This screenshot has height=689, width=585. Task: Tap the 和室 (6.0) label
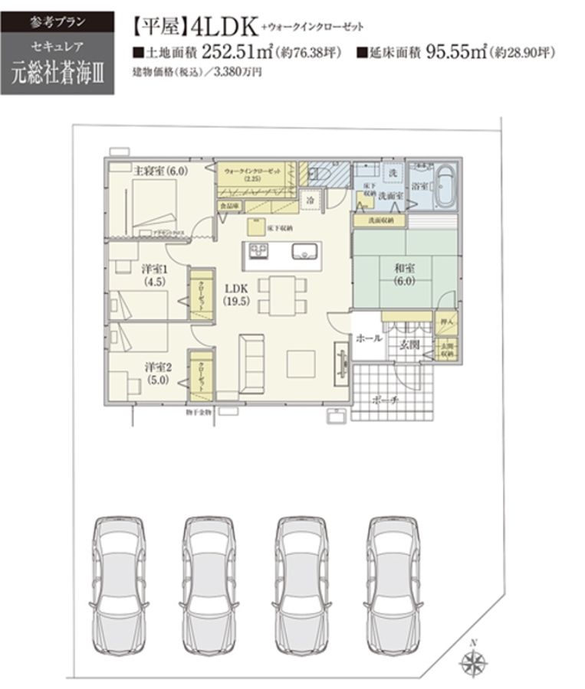click(405, 274)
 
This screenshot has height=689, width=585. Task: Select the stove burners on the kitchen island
click(255, 252)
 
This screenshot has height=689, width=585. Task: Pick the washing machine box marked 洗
click(391, 173)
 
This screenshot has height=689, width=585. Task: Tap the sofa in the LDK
click(250, 360)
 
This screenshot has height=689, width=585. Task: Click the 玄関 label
click(409, 345)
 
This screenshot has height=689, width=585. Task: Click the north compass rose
click(472, 662)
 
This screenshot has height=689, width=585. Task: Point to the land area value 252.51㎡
click(231, 53)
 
